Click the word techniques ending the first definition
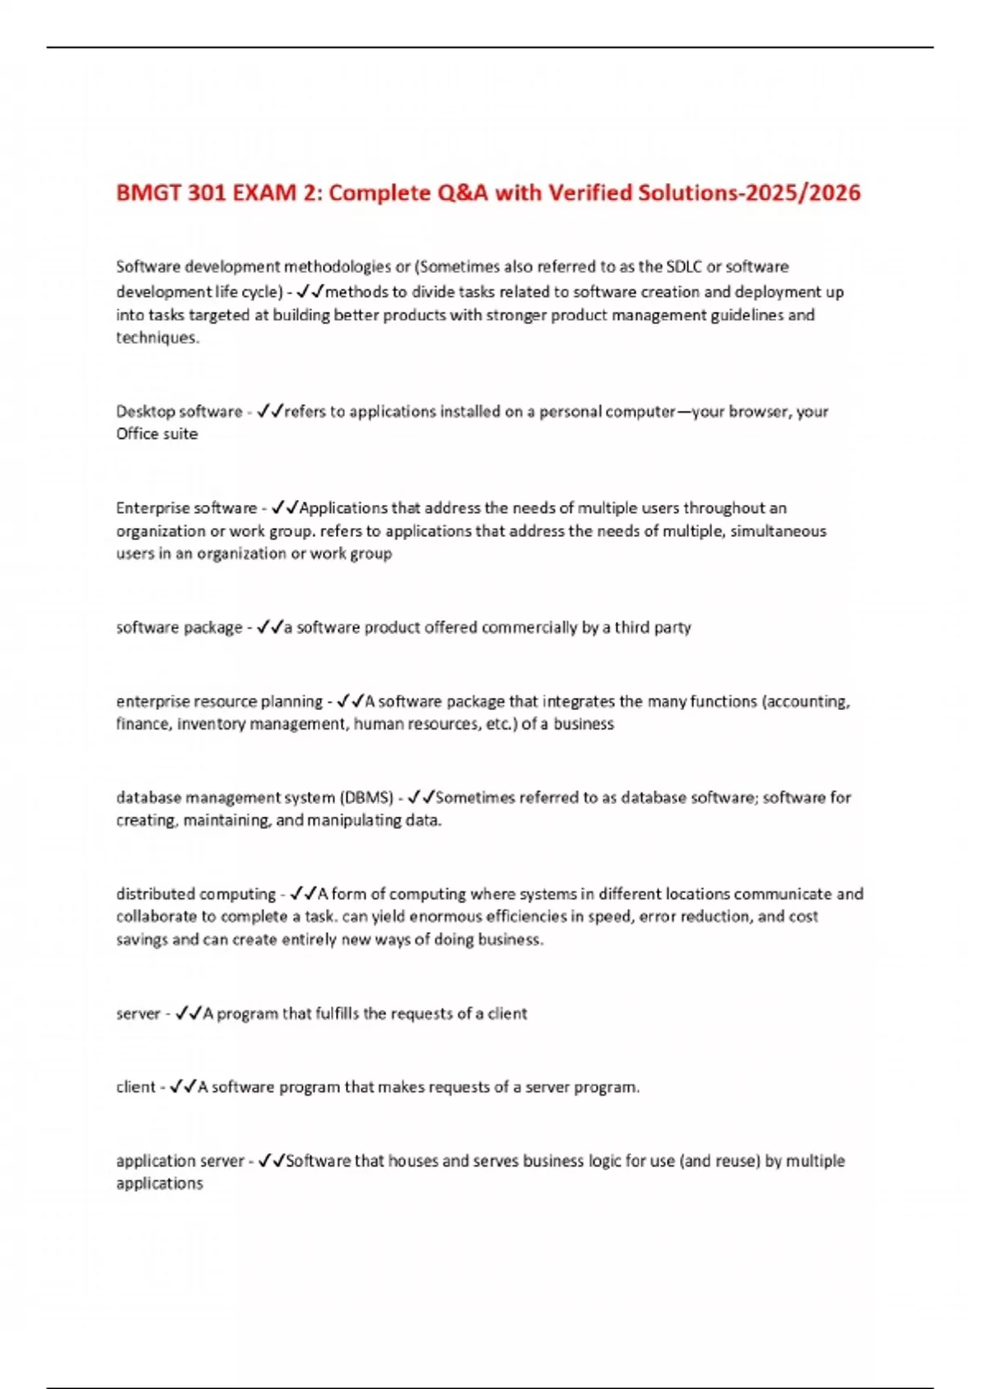[x=156, y=337]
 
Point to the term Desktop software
[x=179, y=411]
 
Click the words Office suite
[x=157, y=434]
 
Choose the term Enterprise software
[x=186, y=508]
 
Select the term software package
[x=179, y=628]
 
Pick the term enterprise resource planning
[x=219, y=701]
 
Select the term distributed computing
[x=196, y=894]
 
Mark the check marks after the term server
[x=189, y=1013]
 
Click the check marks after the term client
[x=184, y=1087]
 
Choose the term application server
[x=180, y=1161]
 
